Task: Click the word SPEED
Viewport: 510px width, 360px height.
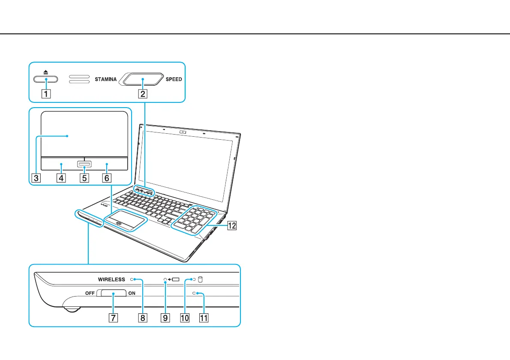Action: (174, 79)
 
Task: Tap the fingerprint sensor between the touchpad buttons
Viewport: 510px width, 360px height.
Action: (84, 164)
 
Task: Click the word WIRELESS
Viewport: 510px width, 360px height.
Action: (111, 279)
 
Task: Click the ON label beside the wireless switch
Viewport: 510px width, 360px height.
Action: (132, 294)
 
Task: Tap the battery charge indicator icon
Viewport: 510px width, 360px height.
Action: (176, 279)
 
